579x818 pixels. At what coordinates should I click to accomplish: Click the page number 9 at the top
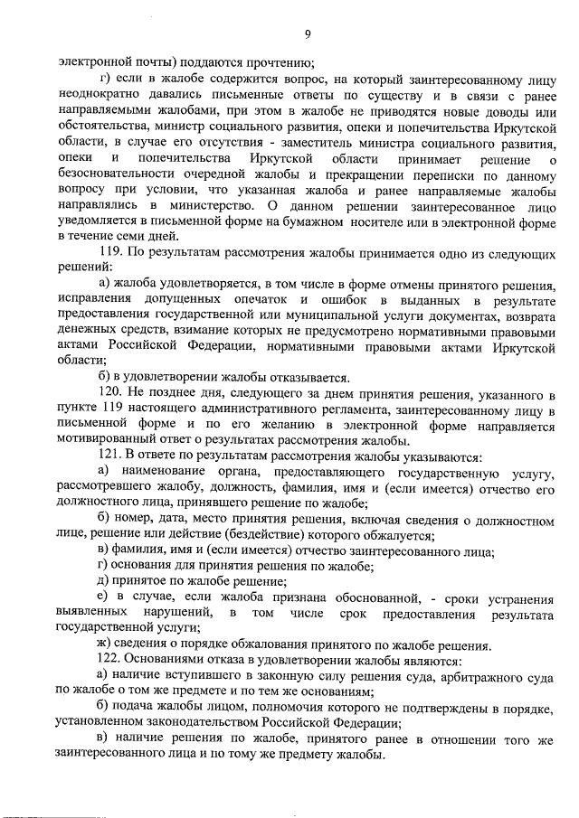tap(308, 34)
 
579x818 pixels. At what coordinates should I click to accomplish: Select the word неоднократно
tap(97, 94)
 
